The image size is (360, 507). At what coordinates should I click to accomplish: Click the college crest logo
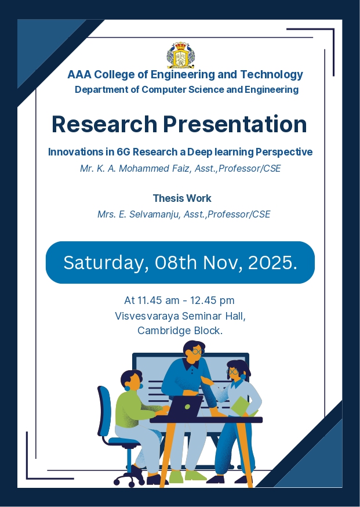coord(181,55)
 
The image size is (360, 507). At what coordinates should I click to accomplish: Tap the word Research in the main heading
coord(104,124)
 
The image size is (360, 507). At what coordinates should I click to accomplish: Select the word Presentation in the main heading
coord(235,124)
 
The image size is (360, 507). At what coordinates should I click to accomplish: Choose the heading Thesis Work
coord(182,198)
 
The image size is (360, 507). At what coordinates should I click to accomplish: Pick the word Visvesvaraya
coord(147,316)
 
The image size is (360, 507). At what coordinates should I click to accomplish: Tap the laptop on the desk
coord(185,407)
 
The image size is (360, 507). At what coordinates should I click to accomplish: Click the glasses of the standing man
coord(198,352)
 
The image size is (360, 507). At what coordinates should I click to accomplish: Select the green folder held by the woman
coord(243,406)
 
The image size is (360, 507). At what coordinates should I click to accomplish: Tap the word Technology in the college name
coord(271,75)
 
